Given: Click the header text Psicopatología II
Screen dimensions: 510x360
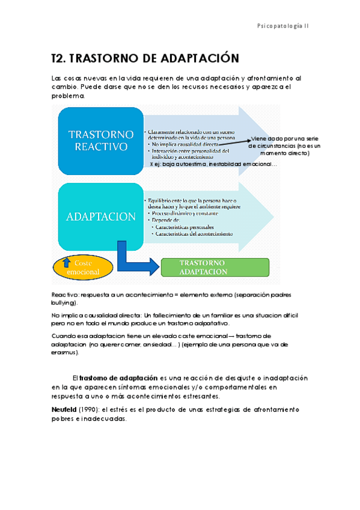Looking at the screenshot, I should click(x=282, y=26).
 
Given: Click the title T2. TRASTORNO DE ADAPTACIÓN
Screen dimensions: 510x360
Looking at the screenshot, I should click(x=145, y=58).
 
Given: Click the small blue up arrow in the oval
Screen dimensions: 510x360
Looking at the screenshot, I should click(x=67, y=262).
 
